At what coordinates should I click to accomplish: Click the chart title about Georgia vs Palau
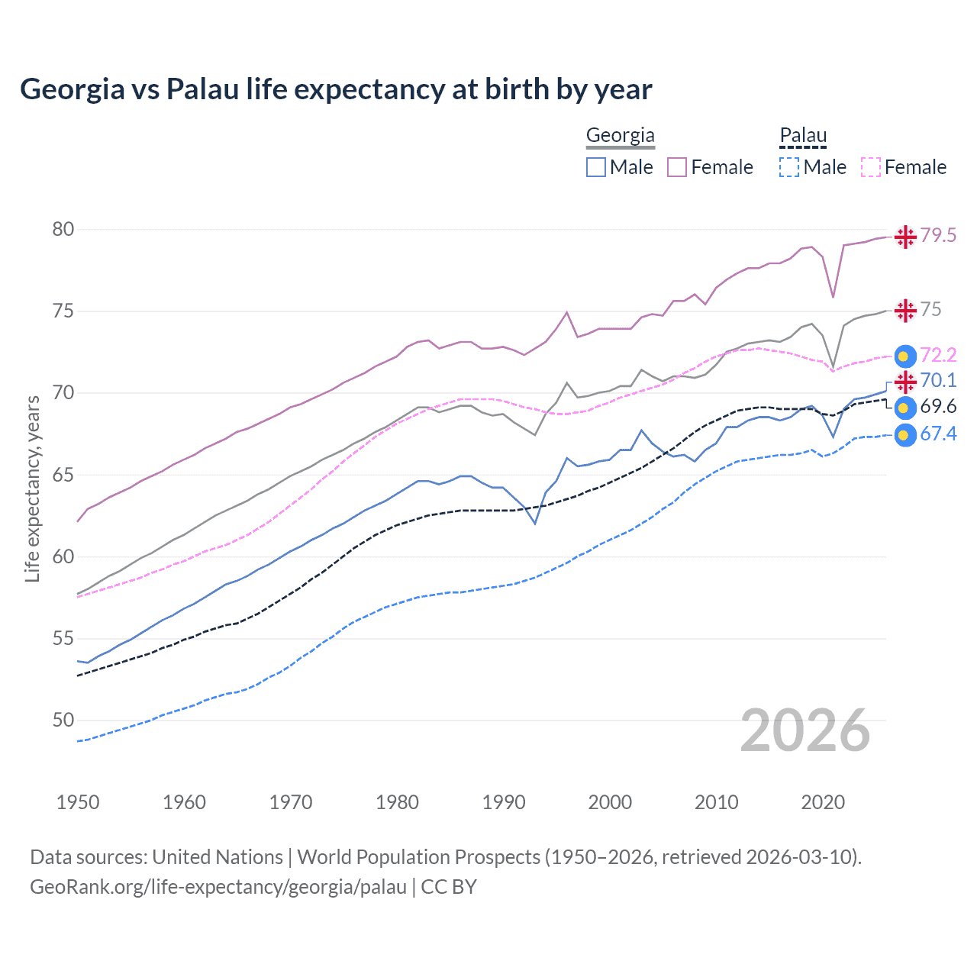(x=336, y=89)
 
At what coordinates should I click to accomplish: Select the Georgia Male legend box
(x=596, y=167)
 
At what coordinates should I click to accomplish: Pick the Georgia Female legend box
(x=677, y=167)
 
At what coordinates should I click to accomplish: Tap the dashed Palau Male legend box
(x=789, y=167)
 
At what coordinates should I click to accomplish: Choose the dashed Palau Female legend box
(x=871, y=167)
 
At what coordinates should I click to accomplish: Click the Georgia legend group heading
(x=620, y=136)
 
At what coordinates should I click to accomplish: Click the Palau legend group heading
(x=803, y=136)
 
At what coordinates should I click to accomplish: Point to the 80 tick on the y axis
(x=63, y=230)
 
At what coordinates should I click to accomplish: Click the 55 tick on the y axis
(x=63, y=638)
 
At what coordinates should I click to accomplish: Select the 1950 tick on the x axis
(x=78, y=802)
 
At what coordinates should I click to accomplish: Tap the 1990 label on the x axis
(x=504, y=802)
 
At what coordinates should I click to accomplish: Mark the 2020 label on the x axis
(x=823, y=802)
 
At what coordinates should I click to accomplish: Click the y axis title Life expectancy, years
(x=33, y=488)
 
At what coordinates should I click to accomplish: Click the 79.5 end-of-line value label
(x=938, y=236)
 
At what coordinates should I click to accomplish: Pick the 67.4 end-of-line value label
(x=938, y=434)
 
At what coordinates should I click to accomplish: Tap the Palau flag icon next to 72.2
(x=905, y=356)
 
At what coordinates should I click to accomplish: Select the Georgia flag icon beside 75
(x=905, y=311)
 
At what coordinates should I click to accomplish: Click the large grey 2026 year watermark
(x=805, y=731)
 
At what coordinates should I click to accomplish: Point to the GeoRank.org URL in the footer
(x=218, y=887)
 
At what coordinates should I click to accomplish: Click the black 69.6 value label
(x=938, y=407)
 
